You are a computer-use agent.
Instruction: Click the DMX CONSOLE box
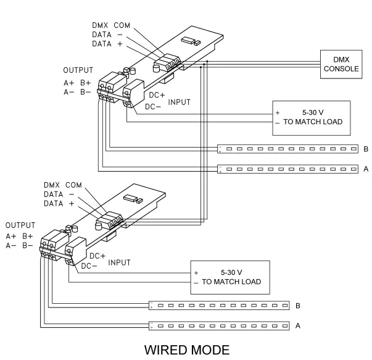click(341, 64)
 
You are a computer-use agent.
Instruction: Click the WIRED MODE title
click(186, 350)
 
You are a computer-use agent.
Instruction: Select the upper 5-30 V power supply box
click(311, 118)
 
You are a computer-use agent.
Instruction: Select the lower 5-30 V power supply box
click(231, 277)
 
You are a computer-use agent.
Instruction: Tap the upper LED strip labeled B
click(287, 149)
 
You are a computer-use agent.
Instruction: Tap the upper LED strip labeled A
click(287, 169)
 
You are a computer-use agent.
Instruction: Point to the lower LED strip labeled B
click(219, 306)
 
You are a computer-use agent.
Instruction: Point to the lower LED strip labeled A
click(219, 325)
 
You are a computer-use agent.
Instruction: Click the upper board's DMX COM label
click(112, 25)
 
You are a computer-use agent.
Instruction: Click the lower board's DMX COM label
click(63, 185)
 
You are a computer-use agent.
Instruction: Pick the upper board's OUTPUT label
click(78, 70)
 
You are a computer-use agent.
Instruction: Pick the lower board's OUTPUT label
click(20, 225)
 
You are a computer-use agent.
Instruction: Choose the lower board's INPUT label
click(120, 262)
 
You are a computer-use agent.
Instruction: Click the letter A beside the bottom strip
click(298, 325)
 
